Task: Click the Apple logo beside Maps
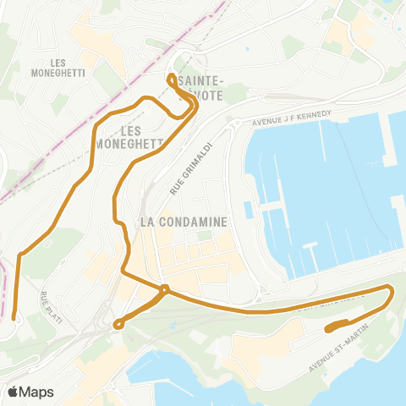(14, 392)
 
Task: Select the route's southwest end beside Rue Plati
(15, 317)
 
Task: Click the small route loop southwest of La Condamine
(118, 322)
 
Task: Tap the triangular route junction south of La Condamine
(163, 291)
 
